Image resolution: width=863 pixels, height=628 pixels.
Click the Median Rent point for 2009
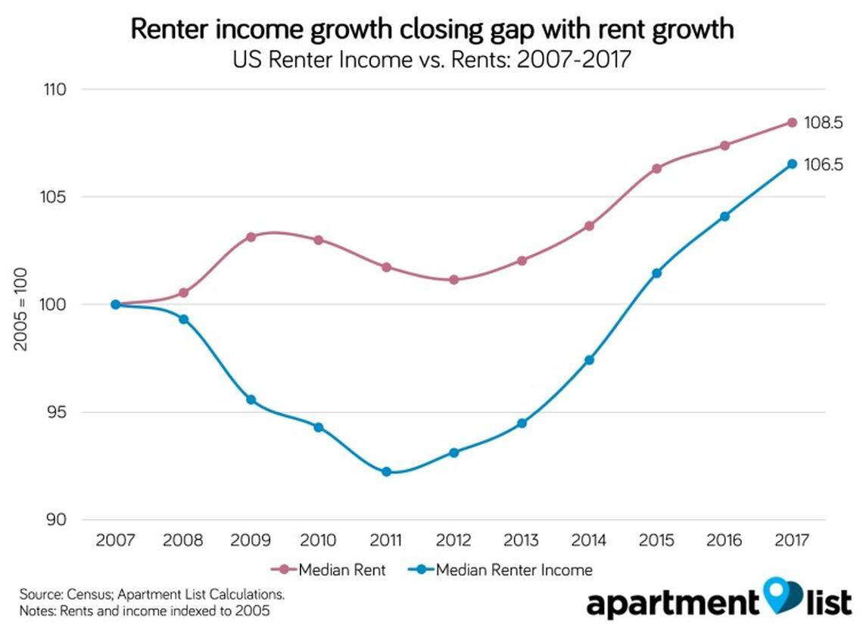[x=251, y=237]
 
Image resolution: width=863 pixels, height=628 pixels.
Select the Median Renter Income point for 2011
[x=386, y=471]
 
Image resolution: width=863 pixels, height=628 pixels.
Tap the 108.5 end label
[x=824, y=123]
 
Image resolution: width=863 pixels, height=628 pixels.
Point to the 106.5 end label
[x=824, y=164]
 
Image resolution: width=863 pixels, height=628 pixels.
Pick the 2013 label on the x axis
[x=522, y=541]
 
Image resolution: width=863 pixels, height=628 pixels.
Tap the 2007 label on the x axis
[x=115, y=541]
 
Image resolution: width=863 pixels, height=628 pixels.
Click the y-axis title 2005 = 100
[x=20, y=305]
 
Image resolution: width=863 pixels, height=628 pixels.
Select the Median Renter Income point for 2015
[x=656, y=273]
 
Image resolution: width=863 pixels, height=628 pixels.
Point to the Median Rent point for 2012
[x=453, y=280]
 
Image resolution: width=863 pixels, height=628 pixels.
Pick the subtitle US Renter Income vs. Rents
[x=431, y=59]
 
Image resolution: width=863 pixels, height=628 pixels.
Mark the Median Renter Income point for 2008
[x=183, y=319]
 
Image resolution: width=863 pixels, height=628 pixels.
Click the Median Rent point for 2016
[x=724, y=145]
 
